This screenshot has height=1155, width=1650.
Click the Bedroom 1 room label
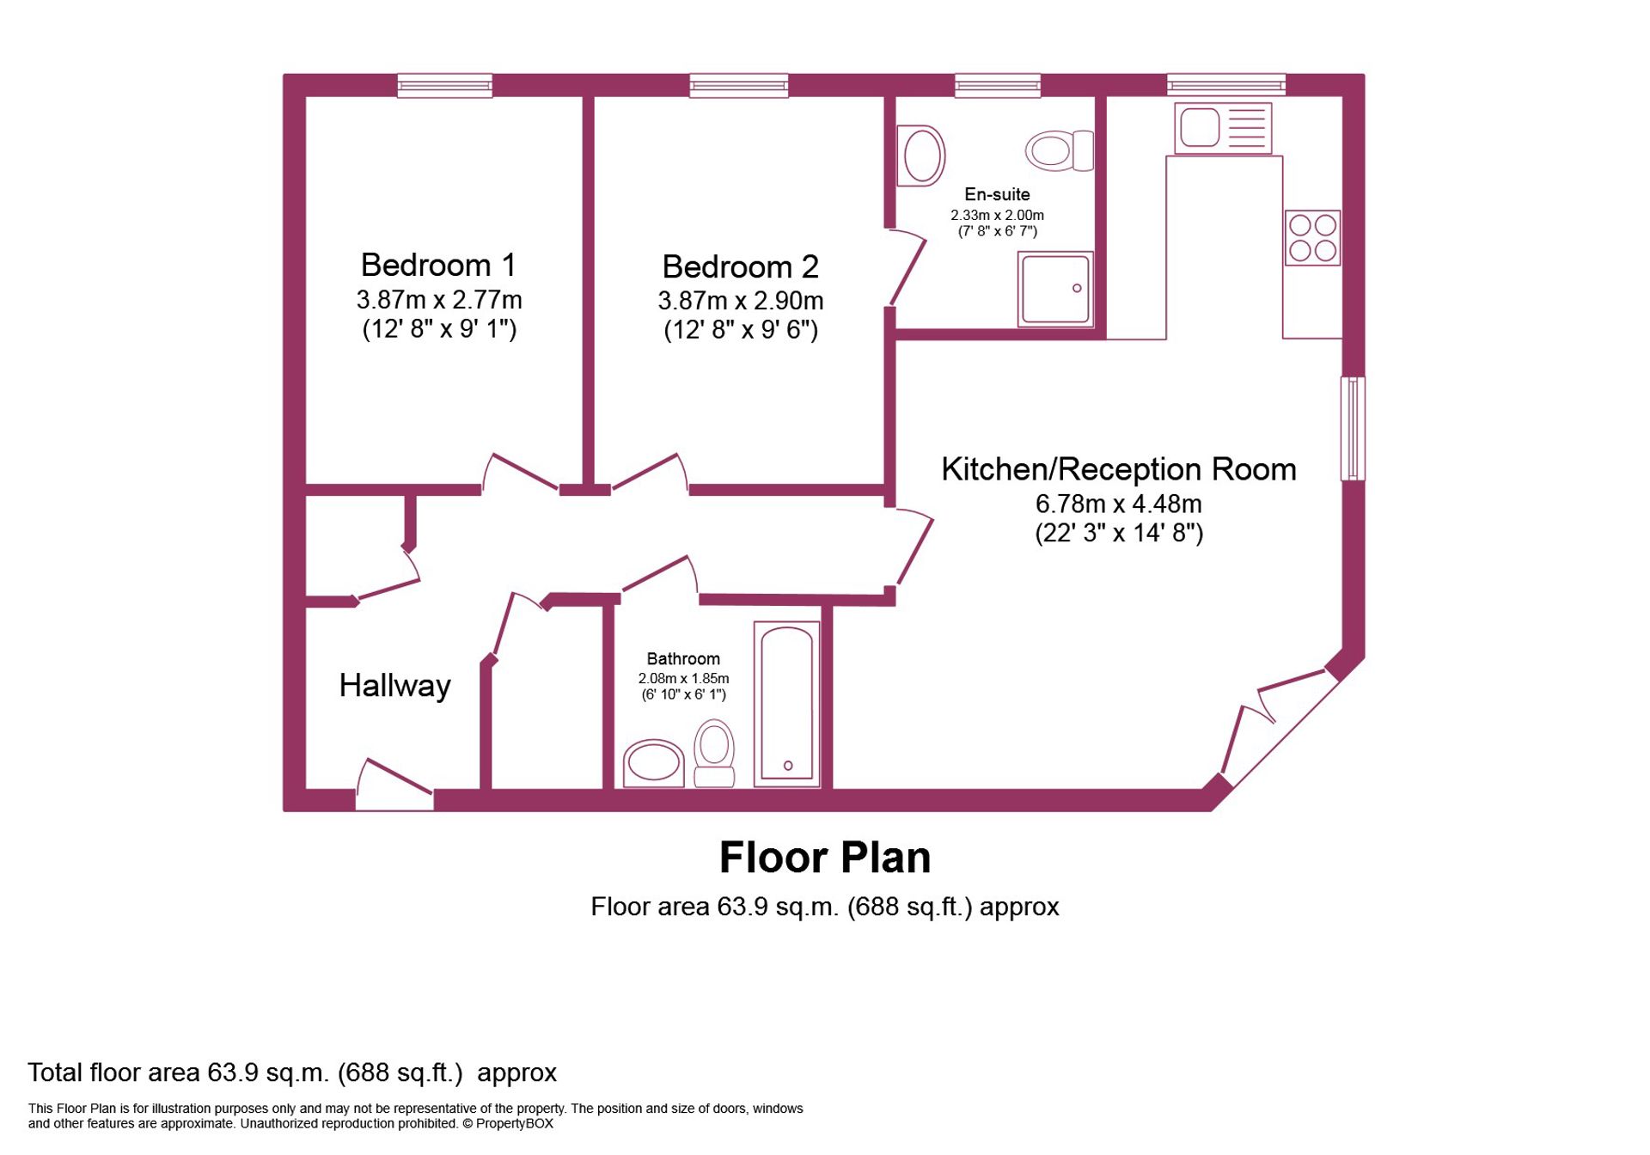(x=438, y=265)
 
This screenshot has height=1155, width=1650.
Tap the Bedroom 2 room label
(x=740, y=266)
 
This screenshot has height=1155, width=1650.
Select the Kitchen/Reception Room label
(x=1118, y=469)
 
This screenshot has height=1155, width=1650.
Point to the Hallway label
(x=394, y=686)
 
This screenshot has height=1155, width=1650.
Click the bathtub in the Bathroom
(x=786, y=704)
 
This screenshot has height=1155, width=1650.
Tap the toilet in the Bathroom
(x=714, y=754)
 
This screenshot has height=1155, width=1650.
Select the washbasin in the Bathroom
(x=653, y=763)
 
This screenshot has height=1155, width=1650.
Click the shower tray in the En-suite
(x=1055, y=289)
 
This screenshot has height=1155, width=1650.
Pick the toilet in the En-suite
(x=1060, y=150)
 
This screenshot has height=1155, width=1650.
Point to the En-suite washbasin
(x=920, y=156)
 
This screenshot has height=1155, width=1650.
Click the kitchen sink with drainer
(x=1223, y=128)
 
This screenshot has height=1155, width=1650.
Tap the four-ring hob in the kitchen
(x=1312, y=237)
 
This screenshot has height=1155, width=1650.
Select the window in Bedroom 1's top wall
(x=444, y=85)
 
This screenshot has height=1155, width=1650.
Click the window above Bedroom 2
(x=739, y=85)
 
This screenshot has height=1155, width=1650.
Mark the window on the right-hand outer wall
(x=1353, y=428)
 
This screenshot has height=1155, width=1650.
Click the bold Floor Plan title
(x=825, y=858)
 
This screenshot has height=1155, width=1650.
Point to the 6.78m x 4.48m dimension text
(x=1118, y=504)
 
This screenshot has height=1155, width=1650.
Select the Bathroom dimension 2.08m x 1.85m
(x=683, y=678)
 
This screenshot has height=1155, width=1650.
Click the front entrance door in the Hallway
(x=394, y=785)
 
